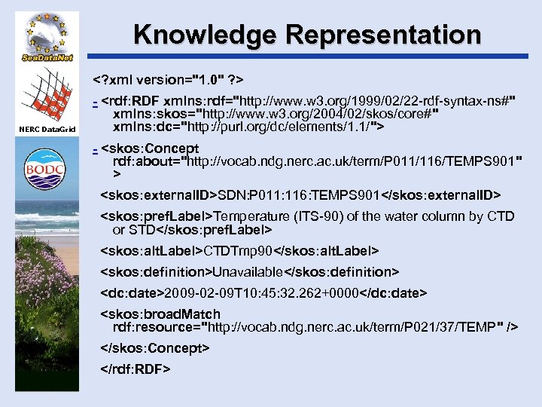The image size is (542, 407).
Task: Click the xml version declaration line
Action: (172, 79)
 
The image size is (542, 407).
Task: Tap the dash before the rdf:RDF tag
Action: (95, 100)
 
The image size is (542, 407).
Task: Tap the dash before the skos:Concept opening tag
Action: (95, 148)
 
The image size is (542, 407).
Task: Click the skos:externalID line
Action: (300, 196)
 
